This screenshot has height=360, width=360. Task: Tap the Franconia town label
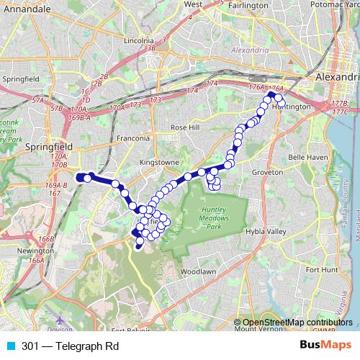[x=134, y=138]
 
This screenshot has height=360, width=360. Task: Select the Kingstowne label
[x=159, y=163]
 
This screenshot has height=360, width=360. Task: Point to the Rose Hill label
[x=183, y=127]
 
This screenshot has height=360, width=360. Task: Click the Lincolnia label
[x=140, y=41]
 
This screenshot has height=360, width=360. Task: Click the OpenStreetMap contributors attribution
[x=297, y=322]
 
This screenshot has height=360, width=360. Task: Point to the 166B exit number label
[x=47, y=239]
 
